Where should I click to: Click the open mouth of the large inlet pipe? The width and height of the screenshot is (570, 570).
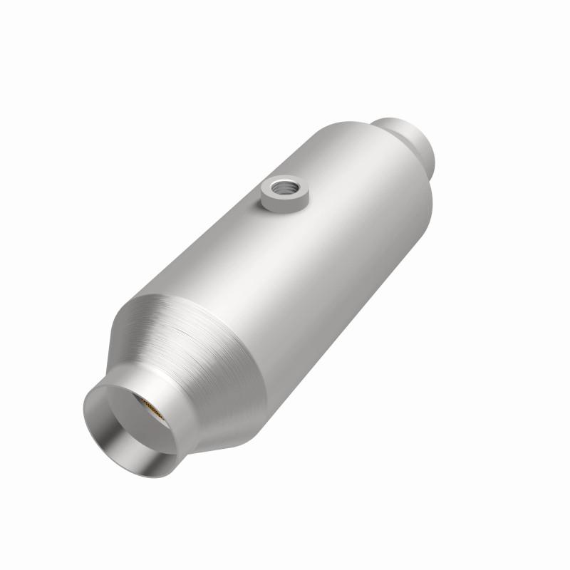point(135,420)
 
